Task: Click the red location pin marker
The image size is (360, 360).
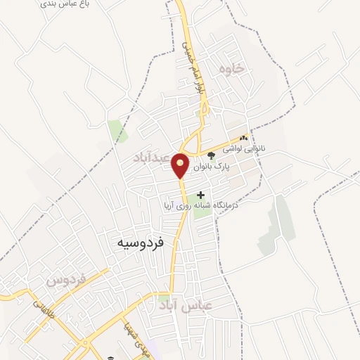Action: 181,165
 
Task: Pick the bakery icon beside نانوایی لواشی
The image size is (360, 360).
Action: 244,138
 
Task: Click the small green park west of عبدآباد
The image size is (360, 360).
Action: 114,130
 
